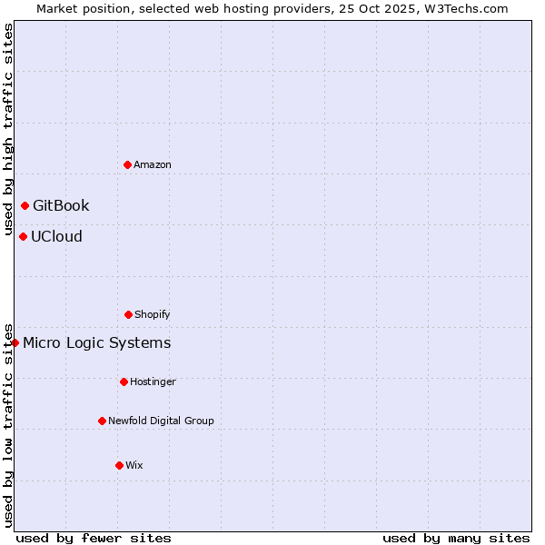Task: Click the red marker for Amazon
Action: click(128, 164)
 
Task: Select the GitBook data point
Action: click(25, 205)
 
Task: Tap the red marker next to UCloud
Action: click(23, 236)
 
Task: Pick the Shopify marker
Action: click(128, 314)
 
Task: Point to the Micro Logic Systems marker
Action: click(15, 342)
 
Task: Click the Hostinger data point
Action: click(124, 381)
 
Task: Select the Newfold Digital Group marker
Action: click(102, 421)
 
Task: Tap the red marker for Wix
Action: click(119, 465)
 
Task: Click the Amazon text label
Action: click(153, 164)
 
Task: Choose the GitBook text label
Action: click(61, 205)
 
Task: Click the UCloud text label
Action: click(56, 236)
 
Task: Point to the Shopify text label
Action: click(153, 314)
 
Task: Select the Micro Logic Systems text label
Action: click(96, 342)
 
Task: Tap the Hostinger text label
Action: click(153, 381)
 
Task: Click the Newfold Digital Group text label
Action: click(161, 421)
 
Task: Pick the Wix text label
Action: click(134, 465)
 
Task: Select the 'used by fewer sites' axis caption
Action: click(94, 538)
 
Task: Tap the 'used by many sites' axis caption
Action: click(456, 538)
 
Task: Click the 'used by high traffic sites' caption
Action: click(8, 127)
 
